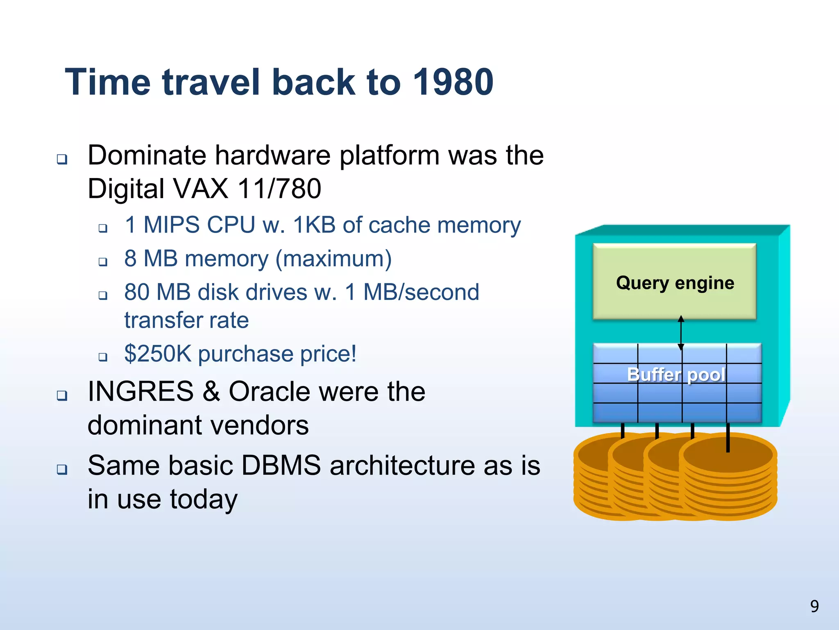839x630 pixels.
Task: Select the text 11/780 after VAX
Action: click(x=279, y=189)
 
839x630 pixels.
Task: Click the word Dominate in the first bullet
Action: click(x=147, y=155)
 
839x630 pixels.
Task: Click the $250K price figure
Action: click(x=158, y=354)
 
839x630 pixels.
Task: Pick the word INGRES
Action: click(x=141, y=391)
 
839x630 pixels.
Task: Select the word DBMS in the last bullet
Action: click(x=281, y=466)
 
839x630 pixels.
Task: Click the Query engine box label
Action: click(x=675, y=283)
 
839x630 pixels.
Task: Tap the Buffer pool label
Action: click(x=676, y=374)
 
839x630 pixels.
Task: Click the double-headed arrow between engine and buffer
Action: click(x=681, y=332)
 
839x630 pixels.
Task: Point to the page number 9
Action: click(x=814, y=606)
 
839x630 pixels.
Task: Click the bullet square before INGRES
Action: click(x=62, y=396)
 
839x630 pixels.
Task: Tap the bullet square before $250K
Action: click(x=103, y=357)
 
